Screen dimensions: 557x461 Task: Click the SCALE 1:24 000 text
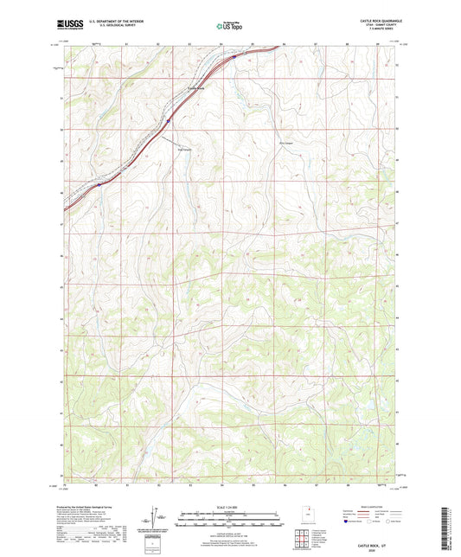coord(230,507)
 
